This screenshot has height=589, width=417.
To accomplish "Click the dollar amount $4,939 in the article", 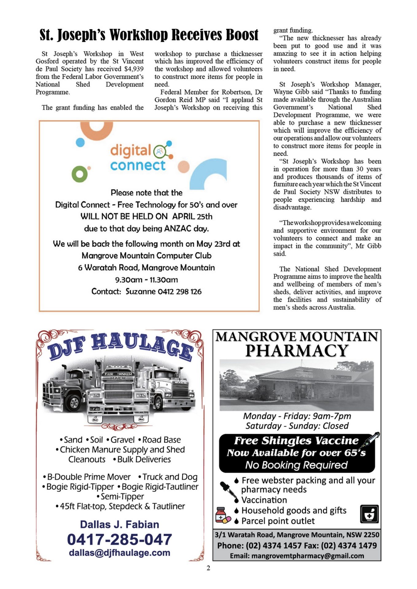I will coord(134,69).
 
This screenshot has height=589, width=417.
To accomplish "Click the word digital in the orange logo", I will coord(131,151).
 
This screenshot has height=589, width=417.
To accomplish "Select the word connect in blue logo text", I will coord(138,166).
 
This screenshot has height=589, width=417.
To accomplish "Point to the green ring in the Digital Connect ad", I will coord(80,174).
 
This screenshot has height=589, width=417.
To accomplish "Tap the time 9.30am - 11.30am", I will coord(146,280).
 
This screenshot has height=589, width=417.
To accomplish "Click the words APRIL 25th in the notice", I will coord(192,217).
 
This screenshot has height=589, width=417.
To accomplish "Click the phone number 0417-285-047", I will coord(119,540).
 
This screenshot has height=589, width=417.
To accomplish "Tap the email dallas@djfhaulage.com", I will coord(119,553).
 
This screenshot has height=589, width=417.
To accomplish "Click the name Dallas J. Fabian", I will coord(119,525).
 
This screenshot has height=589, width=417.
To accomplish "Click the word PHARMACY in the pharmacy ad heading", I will coord(297,351).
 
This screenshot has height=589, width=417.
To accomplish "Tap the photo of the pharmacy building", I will coord(297,385).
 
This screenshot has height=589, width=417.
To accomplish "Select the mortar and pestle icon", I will coord(369,514).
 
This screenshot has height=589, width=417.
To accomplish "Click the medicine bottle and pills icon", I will coord(222,515).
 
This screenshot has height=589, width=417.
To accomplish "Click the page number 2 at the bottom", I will coord(208,568).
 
